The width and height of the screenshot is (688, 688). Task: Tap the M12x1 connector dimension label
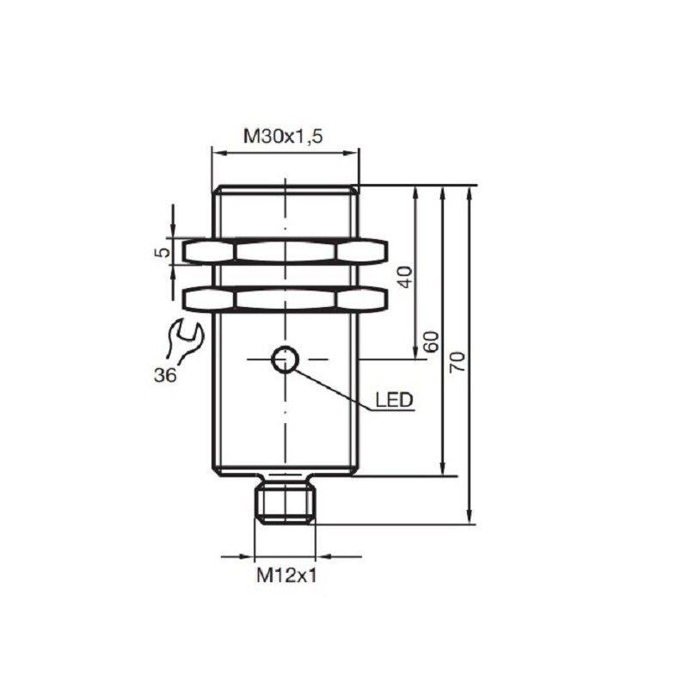(x=286, y=576)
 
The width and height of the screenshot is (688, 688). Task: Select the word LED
(x=395, y=400)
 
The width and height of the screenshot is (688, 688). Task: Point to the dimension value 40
(x=406, y=276)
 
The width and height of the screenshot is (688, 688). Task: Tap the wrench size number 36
(x=168, y=375)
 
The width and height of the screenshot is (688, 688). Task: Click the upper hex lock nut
(x=285, y=251)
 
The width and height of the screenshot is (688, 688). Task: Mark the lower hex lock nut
(x=285, y=298)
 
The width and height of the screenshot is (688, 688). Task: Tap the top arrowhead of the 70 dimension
(x=470, y=192)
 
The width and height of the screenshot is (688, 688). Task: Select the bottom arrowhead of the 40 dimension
(x=417, y=352)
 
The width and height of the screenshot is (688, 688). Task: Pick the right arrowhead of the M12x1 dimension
(x=322, y=556)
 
